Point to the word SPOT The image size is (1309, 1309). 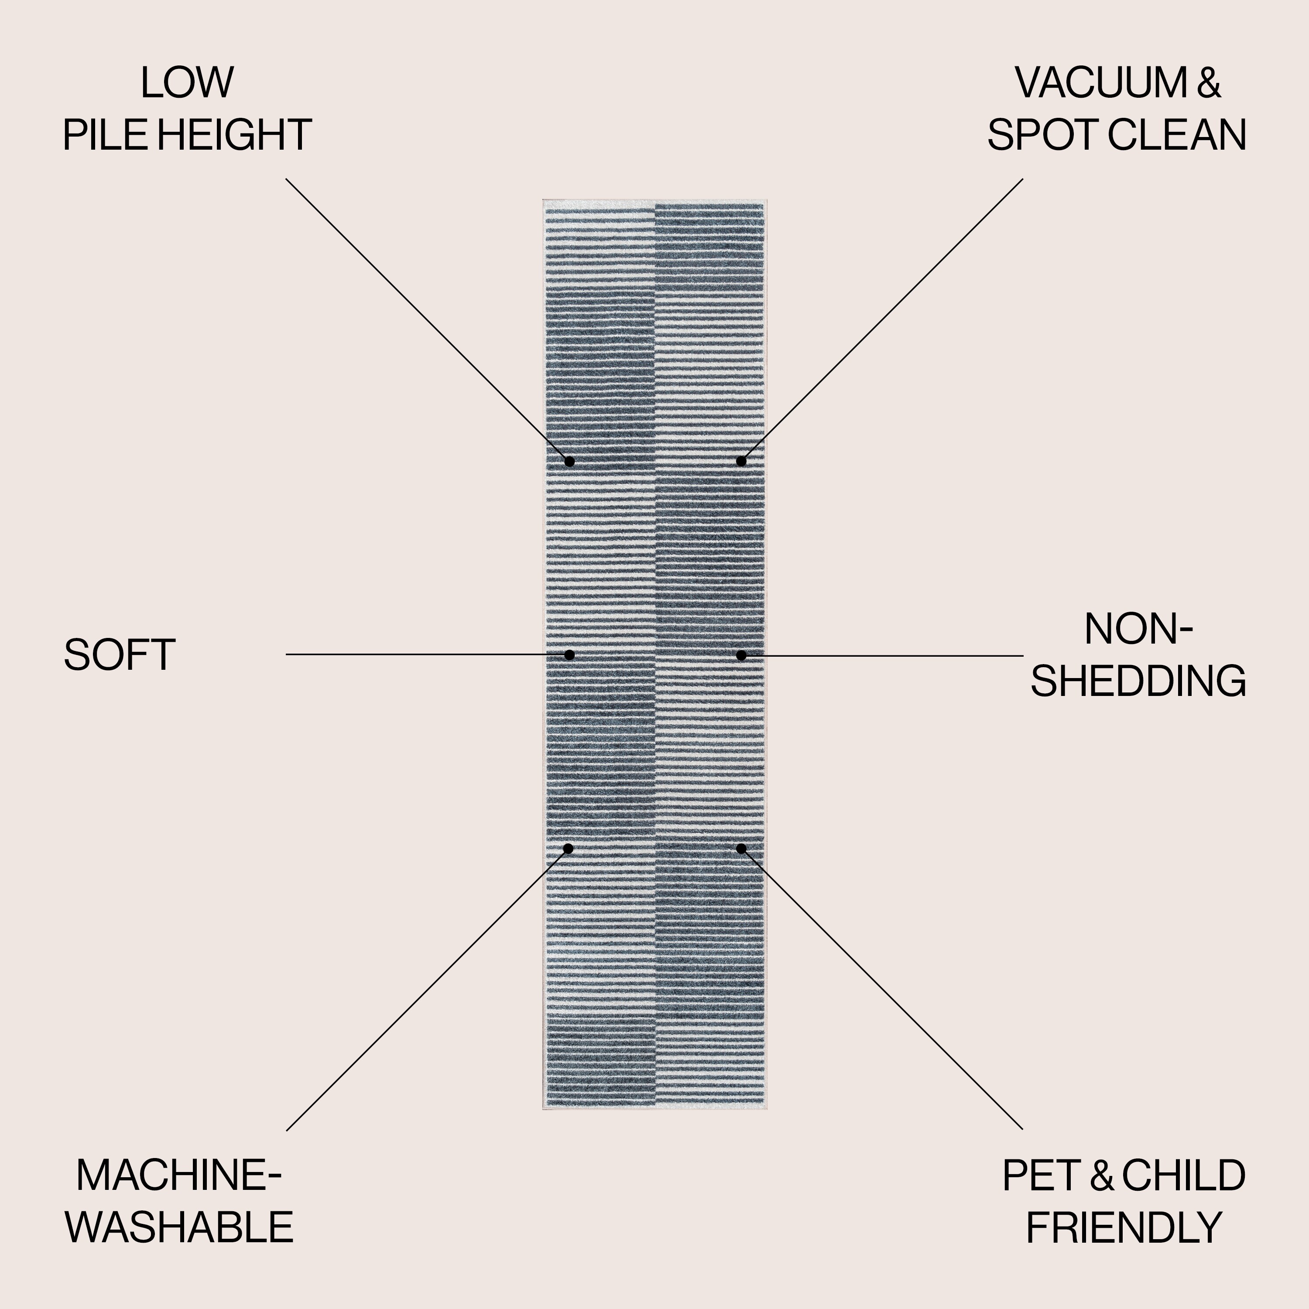1043,135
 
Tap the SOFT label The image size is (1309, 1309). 119,655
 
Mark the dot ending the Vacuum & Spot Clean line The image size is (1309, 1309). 741,461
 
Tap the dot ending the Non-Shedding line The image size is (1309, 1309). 741,655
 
